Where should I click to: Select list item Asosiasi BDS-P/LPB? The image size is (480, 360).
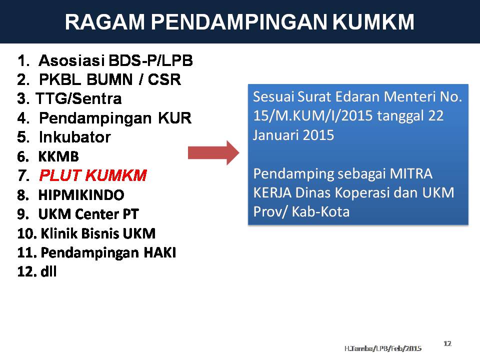click(x=115, y=61)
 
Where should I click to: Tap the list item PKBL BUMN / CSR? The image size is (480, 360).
click(x=109, y=80)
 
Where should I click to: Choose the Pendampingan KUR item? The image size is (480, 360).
click(x=115, y=118)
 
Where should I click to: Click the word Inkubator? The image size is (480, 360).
click(x=74, y=137)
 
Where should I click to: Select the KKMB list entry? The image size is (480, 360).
click(x=58, y=156)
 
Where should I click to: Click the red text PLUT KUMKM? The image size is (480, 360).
click(x=92, y=175)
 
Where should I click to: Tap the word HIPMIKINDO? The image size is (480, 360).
click(x=81, y=194)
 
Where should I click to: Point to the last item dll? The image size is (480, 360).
click(x=48, y=271)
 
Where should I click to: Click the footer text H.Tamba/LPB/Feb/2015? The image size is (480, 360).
click(x=382, y=347)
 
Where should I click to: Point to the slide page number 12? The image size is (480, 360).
click(x=447, y=343)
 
